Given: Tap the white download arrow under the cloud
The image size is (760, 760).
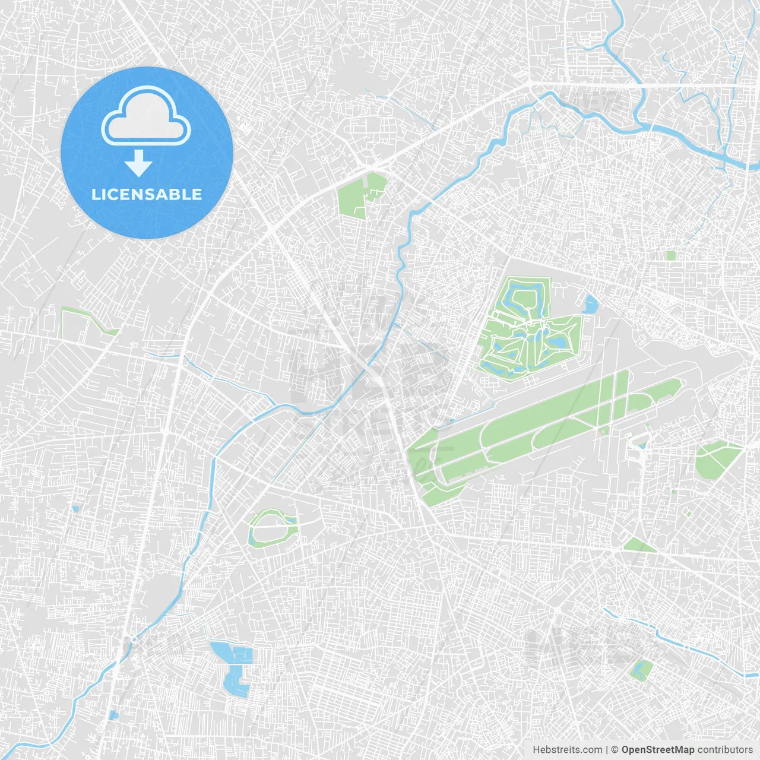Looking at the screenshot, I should coord(138,163).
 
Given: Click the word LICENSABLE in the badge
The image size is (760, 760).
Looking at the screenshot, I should coord(147,194).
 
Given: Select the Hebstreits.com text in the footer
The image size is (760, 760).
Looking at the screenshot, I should coord(567,750).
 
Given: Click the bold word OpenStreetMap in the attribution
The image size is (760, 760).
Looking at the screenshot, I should coord(657,750).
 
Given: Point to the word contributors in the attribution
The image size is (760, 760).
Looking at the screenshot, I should coord(725,750).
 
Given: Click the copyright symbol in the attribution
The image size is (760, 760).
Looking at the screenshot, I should coord(615,750).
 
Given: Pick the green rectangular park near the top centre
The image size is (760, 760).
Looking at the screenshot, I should coord(360,195).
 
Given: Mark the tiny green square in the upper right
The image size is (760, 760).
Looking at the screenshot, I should coord(671,255).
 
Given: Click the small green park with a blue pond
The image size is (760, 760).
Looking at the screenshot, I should coord(640,670).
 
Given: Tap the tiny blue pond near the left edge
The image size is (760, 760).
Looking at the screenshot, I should coord(75,509).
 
